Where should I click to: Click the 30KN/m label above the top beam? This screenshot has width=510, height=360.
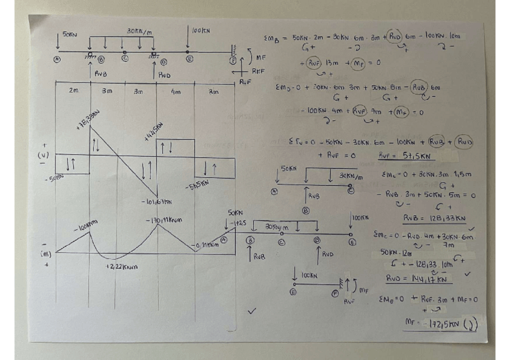(138, 31)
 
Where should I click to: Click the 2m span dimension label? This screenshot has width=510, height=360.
(73, 91)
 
